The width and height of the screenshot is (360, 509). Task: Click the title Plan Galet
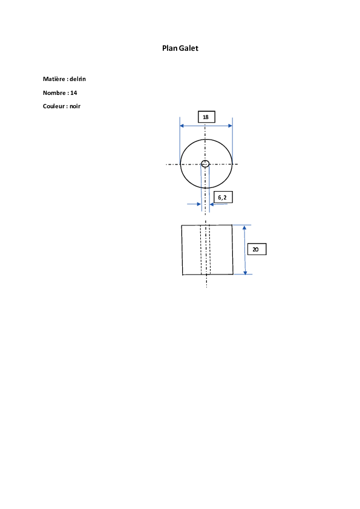coord(180,48)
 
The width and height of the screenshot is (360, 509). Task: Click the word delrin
coord(77,79)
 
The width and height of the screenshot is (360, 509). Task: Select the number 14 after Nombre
coord(74,93)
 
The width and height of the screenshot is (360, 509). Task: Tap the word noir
coord(75,106)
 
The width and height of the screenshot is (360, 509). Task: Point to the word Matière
coord(54,79)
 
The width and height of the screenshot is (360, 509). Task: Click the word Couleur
coord(54,106)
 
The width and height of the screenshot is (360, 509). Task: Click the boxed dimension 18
coord(206,117)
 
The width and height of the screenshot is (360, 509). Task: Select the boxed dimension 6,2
coord(223,197)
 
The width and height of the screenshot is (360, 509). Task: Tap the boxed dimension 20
coord(257,249)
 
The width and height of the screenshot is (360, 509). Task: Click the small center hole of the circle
coord(205,164)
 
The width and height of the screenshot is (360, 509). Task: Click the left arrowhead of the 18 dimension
coord(182,126)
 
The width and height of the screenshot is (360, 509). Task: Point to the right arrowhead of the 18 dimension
coord(230,126)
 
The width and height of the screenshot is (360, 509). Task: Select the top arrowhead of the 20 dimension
coord(244,227)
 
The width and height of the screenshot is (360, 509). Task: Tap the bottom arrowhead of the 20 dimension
coord(245,272)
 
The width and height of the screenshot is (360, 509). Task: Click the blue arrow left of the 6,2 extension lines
coord(194,204)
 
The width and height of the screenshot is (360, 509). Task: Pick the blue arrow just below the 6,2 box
coord(218,204)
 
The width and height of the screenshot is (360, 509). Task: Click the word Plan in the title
coord(169,48)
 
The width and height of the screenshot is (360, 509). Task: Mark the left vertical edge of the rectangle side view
coord(182,250)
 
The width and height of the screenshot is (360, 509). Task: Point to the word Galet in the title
coord(188,48)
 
